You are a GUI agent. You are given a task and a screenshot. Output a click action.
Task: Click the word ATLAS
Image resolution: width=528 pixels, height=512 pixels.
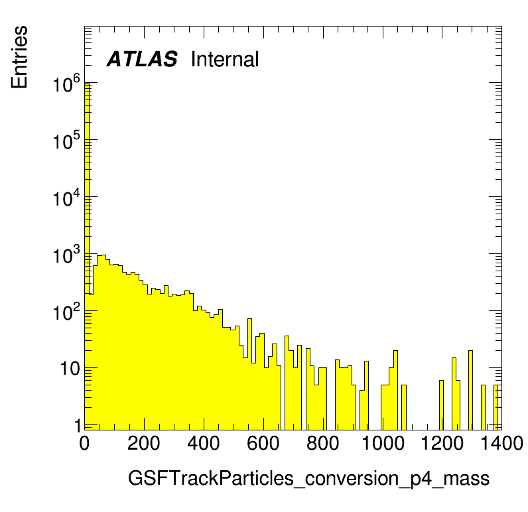pos(142,59)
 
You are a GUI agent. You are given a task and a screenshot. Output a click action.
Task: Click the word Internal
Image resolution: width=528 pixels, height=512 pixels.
pos(225,59)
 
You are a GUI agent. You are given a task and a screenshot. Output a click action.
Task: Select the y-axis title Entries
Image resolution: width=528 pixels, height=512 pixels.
pos(19,57)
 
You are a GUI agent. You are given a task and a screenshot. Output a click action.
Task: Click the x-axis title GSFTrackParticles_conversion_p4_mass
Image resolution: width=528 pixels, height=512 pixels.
pos(308,479)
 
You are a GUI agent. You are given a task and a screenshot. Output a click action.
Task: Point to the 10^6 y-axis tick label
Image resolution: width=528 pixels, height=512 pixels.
pos(67,84)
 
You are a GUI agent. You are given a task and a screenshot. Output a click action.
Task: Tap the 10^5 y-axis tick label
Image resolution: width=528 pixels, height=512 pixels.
pos(67,141)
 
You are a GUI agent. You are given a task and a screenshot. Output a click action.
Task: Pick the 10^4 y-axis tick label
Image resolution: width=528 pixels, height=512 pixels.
pos(67,198)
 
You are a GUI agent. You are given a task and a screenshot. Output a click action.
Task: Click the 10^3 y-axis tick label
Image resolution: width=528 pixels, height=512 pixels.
pos(67,255)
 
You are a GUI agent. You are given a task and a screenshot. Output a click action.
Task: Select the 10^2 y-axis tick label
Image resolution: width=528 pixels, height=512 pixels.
pos(67,312)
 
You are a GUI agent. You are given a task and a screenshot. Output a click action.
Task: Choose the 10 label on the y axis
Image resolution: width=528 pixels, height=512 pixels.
pos(70,369)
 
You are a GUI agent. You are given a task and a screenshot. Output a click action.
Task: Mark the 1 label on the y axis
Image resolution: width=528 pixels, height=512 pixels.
pos(77,426)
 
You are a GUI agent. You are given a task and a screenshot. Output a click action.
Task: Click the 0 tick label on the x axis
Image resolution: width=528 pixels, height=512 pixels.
pos(84,443)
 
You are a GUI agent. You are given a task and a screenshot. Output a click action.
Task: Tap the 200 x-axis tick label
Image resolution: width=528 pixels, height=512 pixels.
pos(144,443)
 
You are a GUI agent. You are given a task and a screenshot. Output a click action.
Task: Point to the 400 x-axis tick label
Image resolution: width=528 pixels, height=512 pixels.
pos(204,443)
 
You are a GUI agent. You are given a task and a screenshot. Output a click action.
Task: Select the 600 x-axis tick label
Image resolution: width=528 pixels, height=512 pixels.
pos(263,443)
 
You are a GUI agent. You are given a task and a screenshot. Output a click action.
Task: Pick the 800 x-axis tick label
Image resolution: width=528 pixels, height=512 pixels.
pos(322,443)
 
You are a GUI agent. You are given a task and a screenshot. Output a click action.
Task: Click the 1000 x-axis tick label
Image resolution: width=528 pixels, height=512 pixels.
pos(383,443)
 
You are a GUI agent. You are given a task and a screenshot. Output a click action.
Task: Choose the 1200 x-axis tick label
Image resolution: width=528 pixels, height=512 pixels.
pos(442,443)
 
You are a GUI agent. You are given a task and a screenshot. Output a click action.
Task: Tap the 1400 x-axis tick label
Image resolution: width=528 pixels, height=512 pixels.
pos(501,443)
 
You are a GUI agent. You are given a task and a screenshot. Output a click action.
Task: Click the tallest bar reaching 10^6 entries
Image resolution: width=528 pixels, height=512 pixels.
pos(86,256)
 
